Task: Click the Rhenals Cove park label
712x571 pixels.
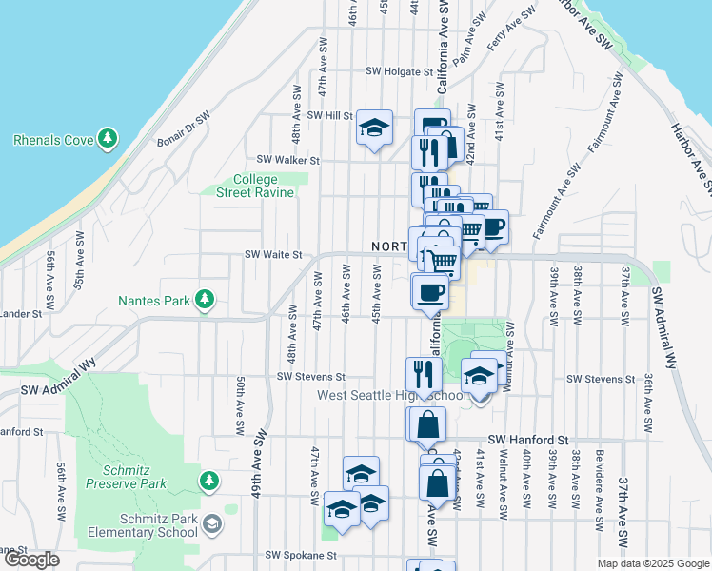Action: point(52,140)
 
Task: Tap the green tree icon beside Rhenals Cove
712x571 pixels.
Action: point(108,140)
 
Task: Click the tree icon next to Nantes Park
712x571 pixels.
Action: point(203,301)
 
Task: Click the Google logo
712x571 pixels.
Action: point(31,560)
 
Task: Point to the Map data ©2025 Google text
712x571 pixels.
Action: point(652,563)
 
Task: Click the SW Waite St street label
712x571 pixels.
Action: point(272,254)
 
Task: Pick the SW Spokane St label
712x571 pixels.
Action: point(301,554)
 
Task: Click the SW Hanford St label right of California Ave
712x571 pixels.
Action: point(527,440)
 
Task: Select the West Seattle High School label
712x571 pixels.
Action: point(390,395)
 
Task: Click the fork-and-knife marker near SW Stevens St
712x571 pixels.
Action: point(421,373)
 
